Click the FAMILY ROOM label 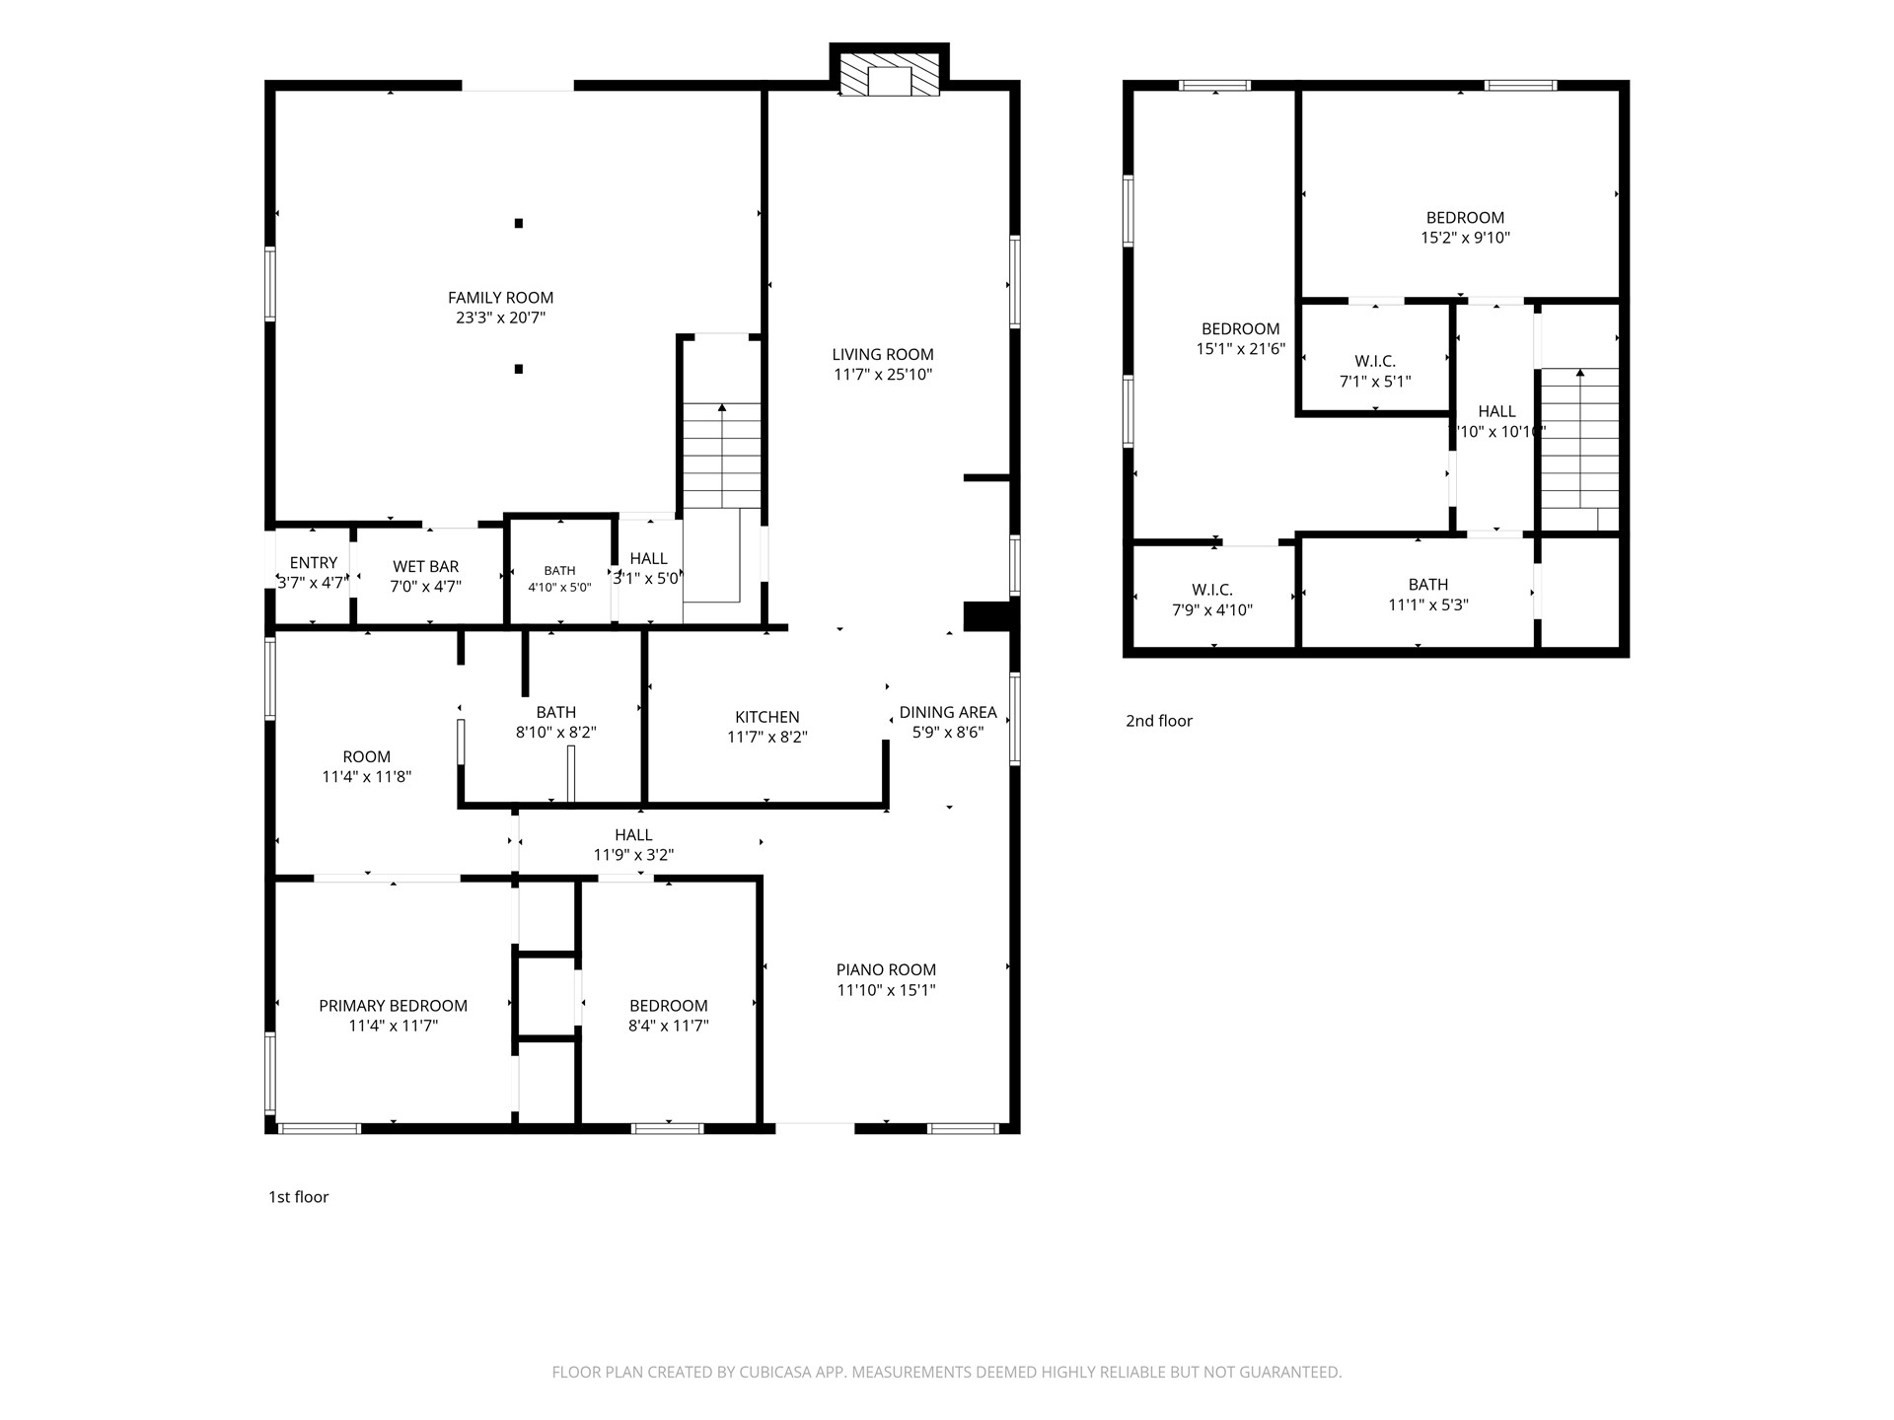[500, 298]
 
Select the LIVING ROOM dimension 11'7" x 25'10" [882, 375]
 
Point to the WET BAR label [426, 567]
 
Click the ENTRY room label [314, 563]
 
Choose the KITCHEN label [767, 718]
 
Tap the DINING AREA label [948, 713]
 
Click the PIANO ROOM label [886, 970]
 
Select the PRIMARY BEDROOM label [393, 1006]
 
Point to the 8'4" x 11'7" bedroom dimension [669, 1026]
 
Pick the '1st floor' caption [299, 1197]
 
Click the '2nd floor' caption [1159, 721]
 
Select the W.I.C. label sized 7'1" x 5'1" [1375, 362]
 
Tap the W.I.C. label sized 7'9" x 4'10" [1212, 591]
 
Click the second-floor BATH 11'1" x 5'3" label [1428, 585]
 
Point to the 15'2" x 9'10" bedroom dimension [1466, 238]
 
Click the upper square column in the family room [519, 223]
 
